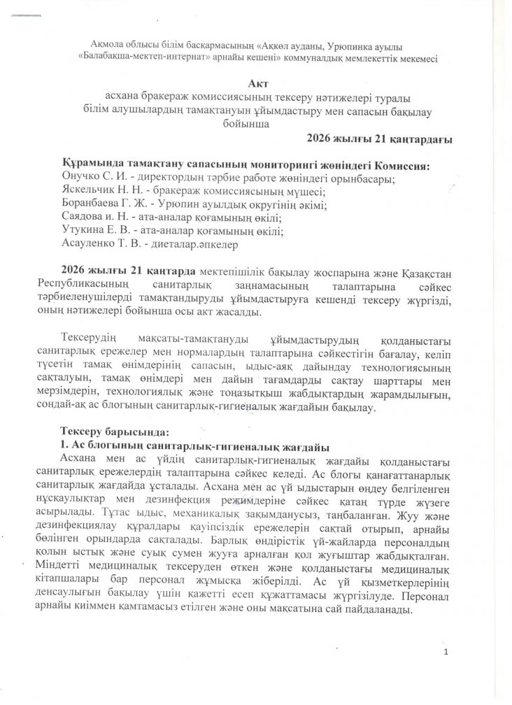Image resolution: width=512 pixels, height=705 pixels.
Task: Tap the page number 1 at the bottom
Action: [x=455, y=653]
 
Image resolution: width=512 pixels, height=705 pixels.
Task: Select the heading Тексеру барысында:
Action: [x=115, y=431]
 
